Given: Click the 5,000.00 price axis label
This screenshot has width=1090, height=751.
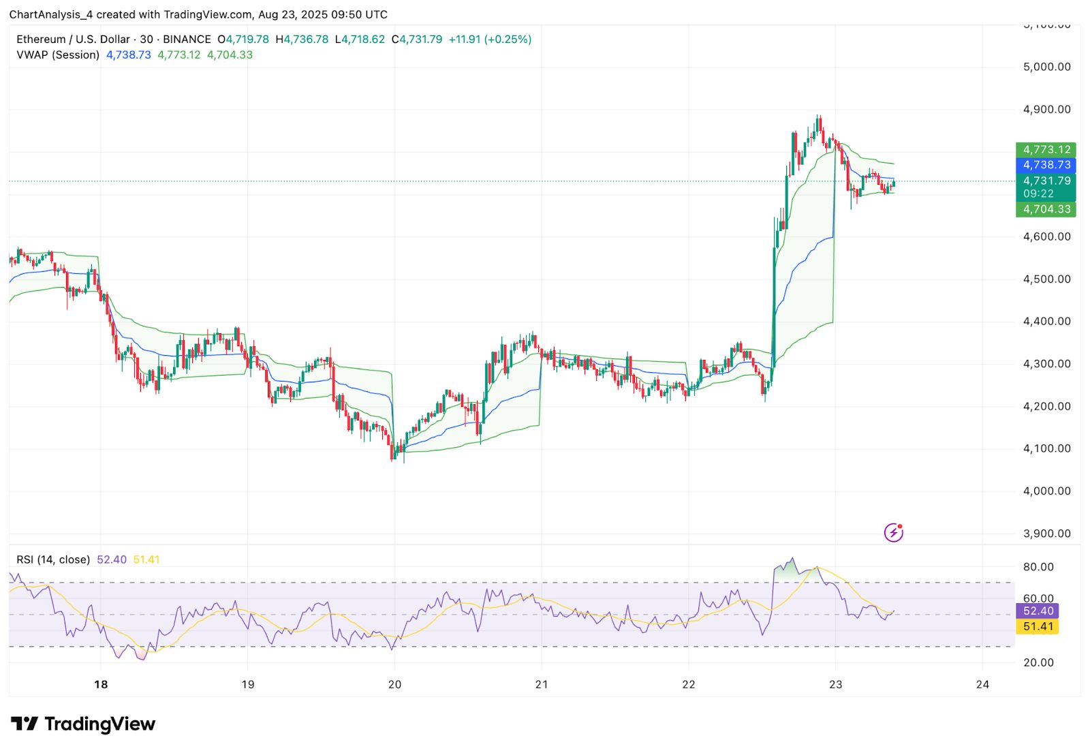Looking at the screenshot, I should (x=1046, y=67).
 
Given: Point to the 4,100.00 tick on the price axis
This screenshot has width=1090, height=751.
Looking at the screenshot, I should (x=1046, y=448).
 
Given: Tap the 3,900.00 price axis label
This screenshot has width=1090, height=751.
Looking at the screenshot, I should (x=1046, y=534).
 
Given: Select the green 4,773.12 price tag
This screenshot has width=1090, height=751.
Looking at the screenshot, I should (x=1046, y=149).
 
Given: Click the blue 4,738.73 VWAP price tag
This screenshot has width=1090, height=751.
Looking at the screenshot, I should (x=1046, y=165).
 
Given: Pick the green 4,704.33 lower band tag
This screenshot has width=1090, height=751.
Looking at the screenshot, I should (x=1046, y=209).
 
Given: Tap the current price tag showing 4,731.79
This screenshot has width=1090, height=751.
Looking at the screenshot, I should (x=1046, y=181).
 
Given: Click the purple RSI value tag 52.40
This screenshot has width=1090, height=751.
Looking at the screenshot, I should (x=1038, y=611).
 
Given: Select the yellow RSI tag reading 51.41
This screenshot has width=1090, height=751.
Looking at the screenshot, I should (x=1038, y=626).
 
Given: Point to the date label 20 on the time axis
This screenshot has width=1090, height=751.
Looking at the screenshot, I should (x=394, y=684).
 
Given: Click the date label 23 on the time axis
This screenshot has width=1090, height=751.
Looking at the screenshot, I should (x=835, y=684).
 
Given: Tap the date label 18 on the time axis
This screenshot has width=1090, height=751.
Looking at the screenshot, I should (x=101, y=684).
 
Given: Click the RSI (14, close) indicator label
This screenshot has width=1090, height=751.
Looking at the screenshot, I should (x=53, y=560).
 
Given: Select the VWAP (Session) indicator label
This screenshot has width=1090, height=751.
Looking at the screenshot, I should (x=58, y=55).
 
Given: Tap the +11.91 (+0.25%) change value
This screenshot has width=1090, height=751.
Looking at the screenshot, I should (x=490, y=40).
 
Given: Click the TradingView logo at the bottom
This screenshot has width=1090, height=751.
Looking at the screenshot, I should (x=83, y=724).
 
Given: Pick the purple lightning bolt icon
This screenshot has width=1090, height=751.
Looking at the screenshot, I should (x=893, y=532).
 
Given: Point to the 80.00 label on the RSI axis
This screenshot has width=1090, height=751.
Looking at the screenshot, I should (x=1038, y=567).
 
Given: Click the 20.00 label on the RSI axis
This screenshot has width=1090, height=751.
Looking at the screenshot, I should (x=1038, y=662).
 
